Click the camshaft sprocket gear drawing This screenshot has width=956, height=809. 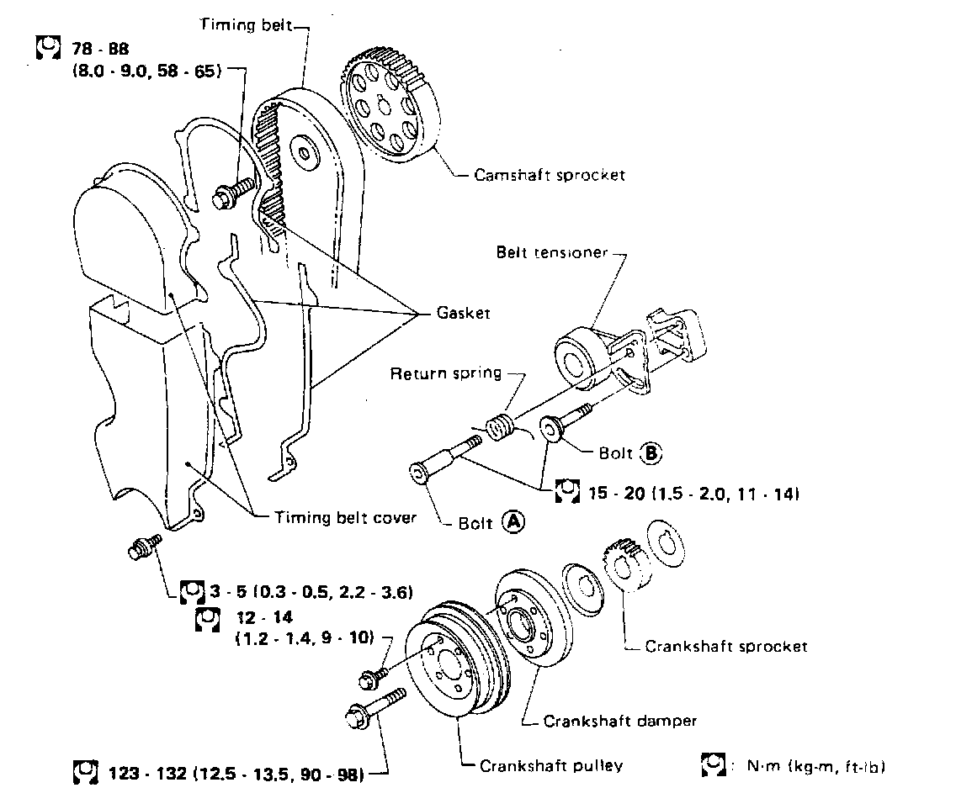(x=390, y=108)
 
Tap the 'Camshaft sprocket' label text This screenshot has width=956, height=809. (x=550, y=175)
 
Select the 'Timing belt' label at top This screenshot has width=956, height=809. (x=245, y=25)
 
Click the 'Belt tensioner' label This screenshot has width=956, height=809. (x=551, y=252)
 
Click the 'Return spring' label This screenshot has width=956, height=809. (x=445, y=373)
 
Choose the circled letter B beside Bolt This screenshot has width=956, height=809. (x=651, y=454)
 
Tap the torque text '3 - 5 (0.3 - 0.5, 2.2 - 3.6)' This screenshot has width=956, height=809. (x=311, y=593)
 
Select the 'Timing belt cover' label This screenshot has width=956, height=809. (x=345, y=518)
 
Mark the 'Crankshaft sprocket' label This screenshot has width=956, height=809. (x=725, y=646)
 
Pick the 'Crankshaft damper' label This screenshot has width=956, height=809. (x=620, y=720)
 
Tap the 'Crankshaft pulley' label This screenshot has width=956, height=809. (x=551, y=765)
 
